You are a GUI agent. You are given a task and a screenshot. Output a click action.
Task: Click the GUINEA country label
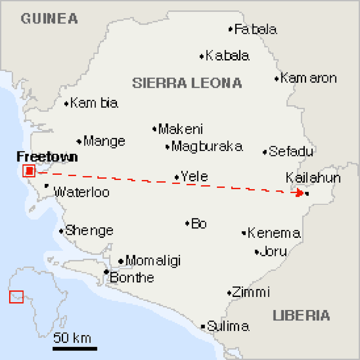tap(50, 19)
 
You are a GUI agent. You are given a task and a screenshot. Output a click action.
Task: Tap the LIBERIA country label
tap(301, 315)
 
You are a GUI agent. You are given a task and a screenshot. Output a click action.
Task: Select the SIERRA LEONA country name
tap(187, 83)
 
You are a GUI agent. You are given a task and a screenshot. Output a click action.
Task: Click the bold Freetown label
tap(47, 157)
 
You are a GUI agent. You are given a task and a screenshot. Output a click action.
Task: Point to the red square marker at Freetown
tap(29, 171)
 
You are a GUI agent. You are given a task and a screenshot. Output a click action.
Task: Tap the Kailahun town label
tap(313, 178)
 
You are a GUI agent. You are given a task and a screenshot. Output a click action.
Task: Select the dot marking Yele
tap(177, 177)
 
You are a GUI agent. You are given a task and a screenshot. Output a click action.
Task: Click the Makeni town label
tap(180, 129)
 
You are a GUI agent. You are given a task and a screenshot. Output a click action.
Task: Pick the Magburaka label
tap(207, 147)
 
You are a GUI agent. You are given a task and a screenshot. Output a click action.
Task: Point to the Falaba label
tap(256, 30)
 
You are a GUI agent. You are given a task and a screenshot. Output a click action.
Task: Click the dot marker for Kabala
tap(202, 56)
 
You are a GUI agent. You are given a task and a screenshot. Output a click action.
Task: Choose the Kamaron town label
tap(309, 78)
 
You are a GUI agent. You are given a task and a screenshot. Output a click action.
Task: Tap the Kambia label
tap(94, 103)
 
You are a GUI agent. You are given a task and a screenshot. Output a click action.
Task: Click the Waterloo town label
tap(81, 192)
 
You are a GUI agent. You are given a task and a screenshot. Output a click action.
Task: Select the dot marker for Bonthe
tap(106, 272)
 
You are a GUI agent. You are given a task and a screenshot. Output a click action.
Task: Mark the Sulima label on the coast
tap(228, 326)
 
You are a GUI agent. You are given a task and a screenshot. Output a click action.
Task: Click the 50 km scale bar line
tap(75, 348)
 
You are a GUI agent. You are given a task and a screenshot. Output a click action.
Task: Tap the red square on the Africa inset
tap(17, 297)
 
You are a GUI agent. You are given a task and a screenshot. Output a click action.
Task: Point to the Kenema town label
tap(274, 233)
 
